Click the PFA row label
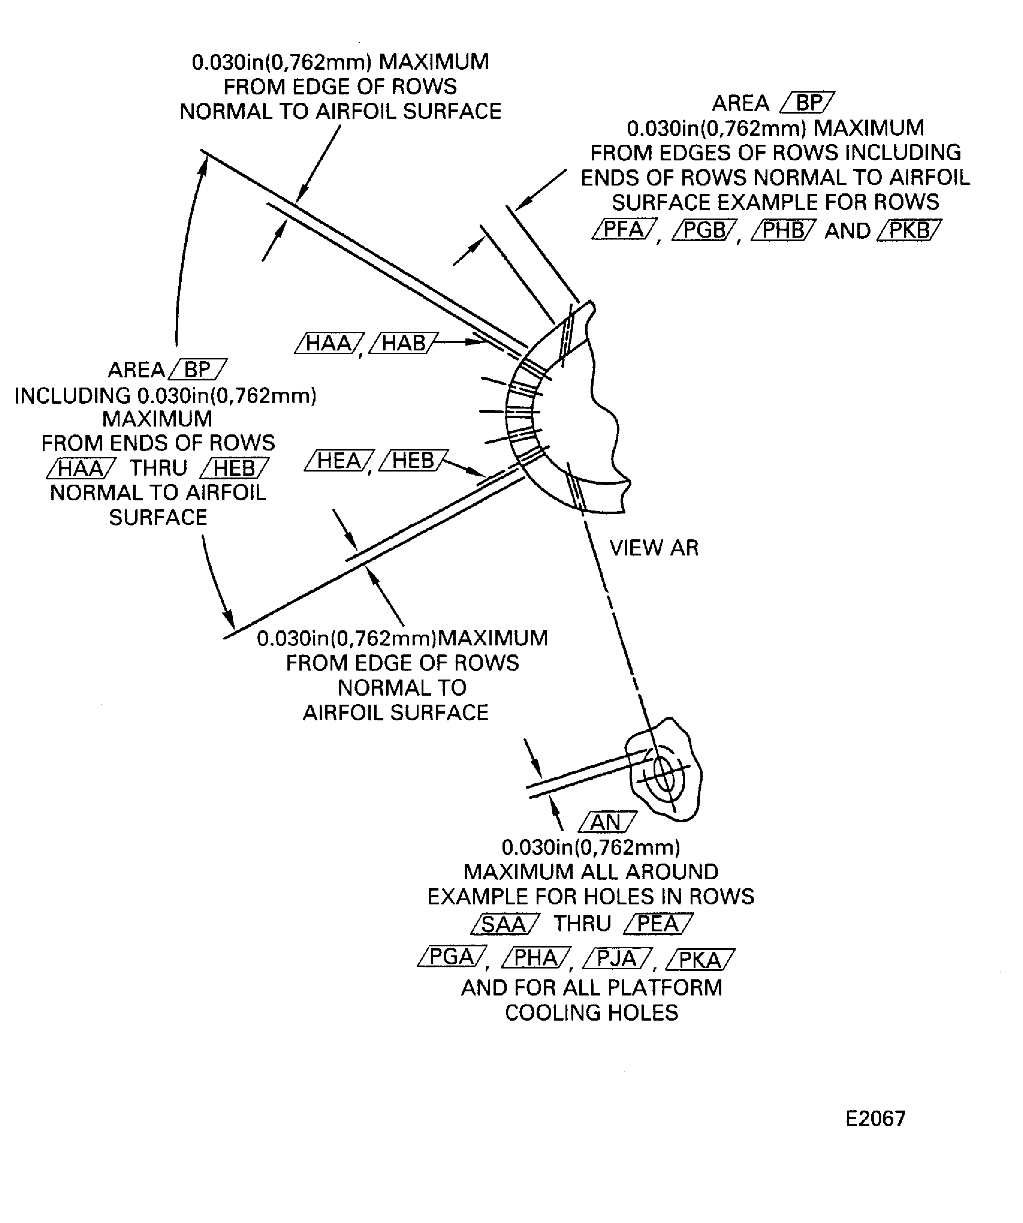point(624,229)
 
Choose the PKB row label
point(909,230)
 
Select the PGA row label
point(452,957)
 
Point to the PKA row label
point(700,959)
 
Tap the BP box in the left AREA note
point(197,369)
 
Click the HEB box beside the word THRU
point(234,468)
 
